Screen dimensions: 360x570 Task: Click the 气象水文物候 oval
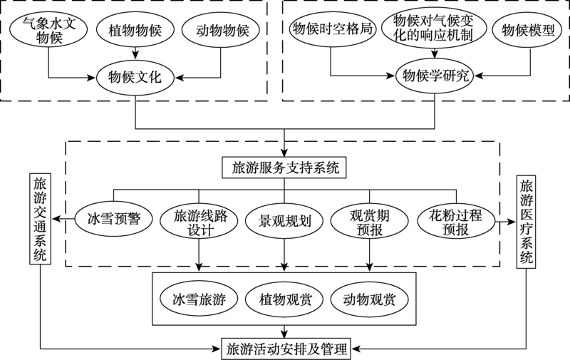[48, 31]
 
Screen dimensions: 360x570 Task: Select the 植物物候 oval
[135, 31]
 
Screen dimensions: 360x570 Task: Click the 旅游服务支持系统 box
[285, 169]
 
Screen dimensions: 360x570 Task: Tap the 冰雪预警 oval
[112, 219]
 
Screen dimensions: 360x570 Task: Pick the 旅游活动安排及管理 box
[285, 349]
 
